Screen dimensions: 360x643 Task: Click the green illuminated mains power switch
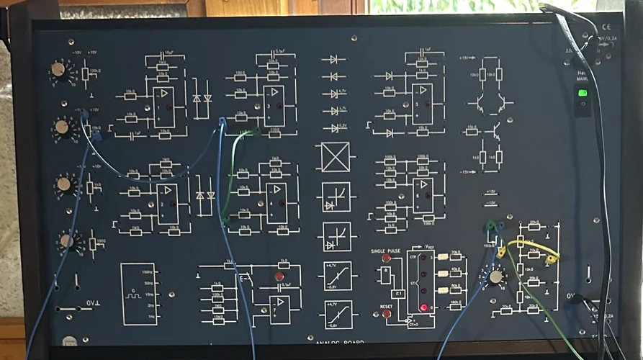[x=582, y=93]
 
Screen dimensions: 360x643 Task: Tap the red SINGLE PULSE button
[x=387, y=258]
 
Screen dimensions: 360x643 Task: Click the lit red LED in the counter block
[x=424, y=308]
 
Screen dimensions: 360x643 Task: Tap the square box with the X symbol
[x=336, y=157]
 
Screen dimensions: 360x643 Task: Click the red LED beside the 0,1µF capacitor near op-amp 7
[x=279, y=276]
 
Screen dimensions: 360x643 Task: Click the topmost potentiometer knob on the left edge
[x=58, y=70]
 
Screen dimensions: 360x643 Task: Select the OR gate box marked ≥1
[x=397, y=294]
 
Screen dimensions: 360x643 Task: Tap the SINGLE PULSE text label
[x=385, y=250]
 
